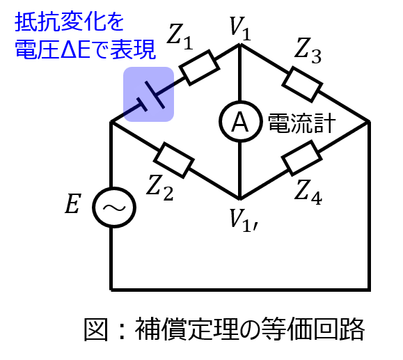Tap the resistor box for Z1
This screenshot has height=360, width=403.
tap(200, 68)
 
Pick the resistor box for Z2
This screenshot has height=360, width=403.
tap(174, 160)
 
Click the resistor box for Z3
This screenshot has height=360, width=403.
tap(302, 84)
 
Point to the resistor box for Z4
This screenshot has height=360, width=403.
tap(302, 158)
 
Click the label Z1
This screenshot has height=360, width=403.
tap(180, 37)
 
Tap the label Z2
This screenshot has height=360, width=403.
tap(160, 187)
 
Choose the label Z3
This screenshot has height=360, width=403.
tap(308, 50)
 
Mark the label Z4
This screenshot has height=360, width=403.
tap(308, 193)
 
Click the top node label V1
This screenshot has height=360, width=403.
tap(240, 29)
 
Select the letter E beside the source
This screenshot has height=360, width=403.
tap(73, 204)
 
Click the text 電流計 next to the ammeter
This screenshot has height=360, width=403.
tap(302, 124)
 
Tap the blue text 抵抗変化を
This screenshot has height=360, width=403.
tap(70, 22)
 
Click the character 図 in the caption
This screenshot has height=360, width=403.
tap(96, 329)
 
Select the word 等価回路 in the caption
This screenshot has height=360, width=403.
tap(313, 329)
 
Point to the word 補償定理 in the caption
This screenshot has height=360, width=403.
tap(186, 329)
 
